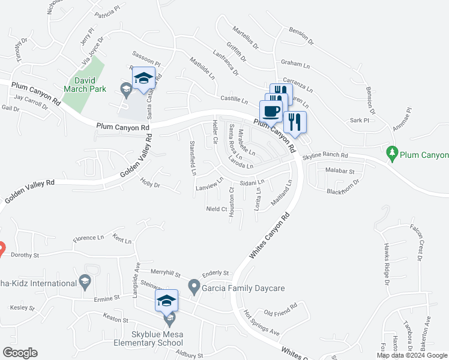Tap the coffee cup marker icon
[x=271, y=110]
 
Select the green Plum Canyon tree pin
[x=393, y=154]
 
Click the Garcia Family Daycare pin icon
[x=194, y=288]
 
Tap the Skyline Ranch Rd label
[x=325, y=155]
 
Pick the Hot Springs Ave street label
[x=262, y=323]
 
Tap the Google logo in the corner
[x=20, y=353]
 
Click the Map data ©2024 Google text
[x=412, y=355]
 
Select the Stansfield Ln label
[x=193, y=158]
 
